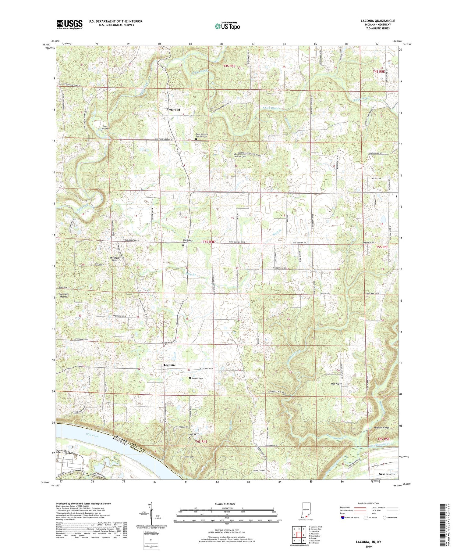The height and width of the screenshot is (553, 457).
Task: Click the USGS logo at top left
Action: tap(69, 24)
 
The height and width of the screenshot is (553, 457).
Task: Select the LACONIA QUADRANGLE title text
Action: tap(378, 21)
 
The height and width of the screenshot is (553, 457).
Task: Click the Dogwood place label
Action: tap(173, 110)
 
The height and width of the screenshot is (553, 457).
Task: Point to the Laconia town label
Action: tap(169, 365)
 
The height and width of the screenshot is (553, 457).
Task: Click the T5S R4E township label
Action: tap(209, 242)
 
